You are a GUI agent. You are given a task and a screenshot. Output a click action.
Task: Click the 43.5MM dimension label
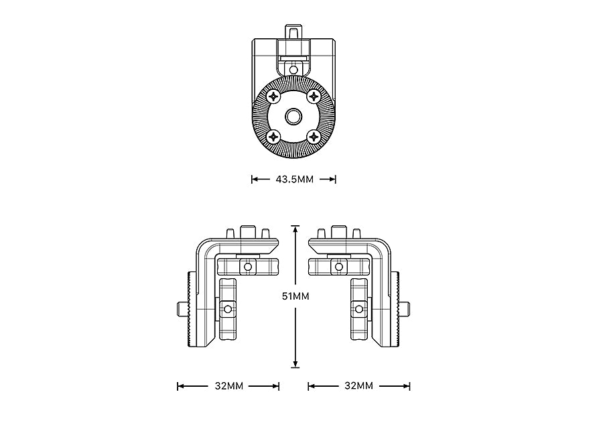[293, 180]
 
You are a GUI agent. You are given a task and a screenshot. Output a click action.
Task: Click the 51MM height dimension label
[295, 296]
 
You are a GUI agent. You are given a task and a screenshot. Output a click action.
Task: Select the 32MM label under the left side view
[228, 386]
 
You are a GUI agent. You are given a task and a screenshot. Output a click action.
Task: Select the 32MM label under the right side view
[358, 386]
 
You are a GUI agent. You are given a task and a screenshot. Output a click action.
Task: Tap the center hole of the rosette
[293, 117]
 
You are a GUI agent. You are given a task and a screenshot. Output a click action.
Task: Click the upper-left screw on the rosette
[273, 97]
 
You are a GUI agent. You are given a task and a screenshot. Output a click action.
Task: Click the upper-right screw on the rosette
[314, 97]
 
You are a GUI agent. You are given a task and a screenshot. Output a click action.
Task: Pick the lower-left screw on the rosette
[273, 137]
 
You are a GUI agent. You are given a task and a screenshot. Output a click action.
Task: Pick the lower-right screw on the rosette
[314, 137]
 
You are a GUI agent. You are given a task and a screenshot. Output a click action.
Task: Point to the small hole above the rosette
[293, 68]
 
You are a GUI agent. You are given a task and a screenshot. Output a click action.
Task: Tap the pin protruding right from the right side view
[406, 309]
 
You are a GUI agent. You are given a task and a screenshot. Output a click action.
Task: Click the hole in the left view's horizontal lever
[249, 267]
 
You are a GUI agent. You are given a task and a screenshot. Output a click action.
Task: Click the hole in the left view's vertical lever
[228, 309]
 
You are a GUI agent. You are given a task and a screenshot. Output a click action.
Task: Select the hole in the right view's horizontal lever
[340, 267]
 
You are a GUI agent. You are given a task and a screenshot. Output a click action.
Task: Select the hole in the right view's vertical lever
[360, 309]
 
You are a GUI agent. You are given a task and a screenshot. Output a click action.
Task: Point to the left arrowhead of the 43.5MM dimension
[254, 180]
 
